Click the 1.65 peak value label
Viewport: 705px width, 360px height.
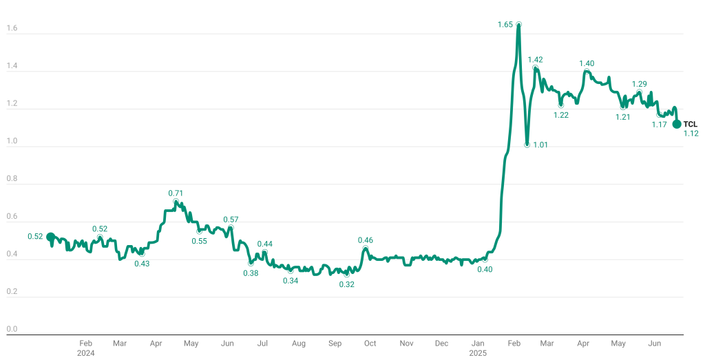coord(505,25)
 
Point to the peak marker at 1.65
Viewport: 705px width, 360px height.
coord(518,24)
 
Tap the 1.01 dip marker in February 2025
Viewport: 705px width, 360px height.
coord(527,145)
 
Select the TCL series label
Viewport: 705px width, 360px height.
coord(690,124)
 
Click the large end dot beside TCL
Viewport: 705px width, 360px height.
coord(677,124)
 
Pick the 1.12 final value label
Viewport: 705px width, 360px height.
coord(691,134)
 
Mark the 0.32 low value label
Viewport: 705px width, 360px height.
coord(346,284)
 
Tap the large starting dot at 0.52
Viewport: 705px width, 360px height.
coord(50,237)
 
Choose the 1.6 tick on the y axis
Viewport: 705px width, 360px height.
coord(12,29)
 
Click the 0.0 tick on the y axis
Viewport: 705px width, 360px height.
coord(12,329)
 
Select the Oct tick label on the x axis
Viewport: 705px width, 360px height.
coord(370,343)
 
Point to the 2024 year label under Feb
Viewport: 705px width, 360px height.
coord(85,352)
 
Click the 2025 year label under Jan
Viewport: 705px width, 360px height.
coord(478,352)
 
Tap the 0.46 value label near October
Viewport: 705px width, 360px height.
coord(366,240)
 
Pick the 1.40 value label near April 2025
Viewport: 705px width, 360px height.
coord(587,63)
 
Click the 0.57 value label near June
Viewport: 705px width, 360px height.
coord(231,220)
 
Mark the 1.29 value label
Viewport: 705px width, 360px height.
coord(640,84)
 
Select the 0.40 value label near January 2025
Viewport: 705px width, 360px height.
coord(485,269)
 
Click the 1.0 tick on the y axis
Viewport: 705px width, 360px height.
coord(12,142)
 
